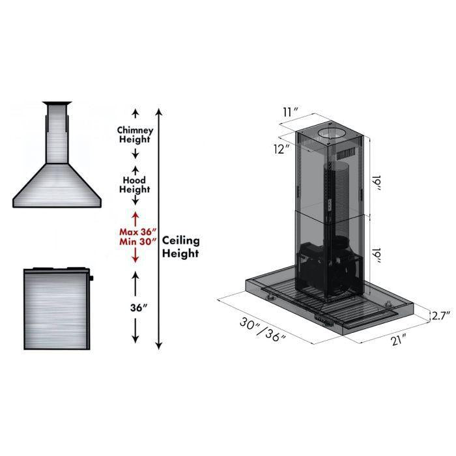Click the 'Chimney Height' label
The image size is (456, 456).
pos(135,134)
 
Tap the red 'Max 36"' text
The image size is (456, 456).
pos(135,231)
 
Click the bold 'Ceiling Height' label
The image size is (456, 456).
pos(180,247)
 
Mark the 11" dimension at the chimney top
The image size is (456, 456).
pos(290,112)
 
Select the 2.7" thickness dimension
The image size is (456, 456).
pos(442,316)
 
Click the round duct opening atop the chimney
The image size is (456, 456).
pos(332,135)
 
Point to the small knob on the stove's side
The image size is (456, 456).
pos(92,278)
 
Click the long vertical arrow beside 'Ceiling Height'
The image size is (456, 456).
pos(160,228)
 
